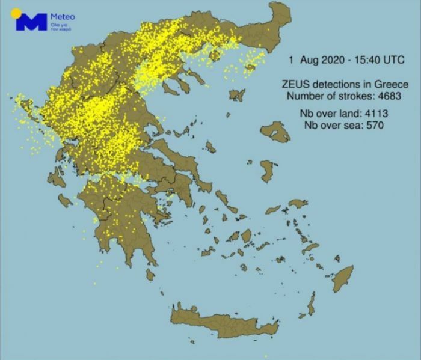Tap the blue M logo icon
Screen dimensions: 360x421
pos(31,23)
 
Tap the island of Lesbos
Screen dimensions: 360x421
pos(275,131)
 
